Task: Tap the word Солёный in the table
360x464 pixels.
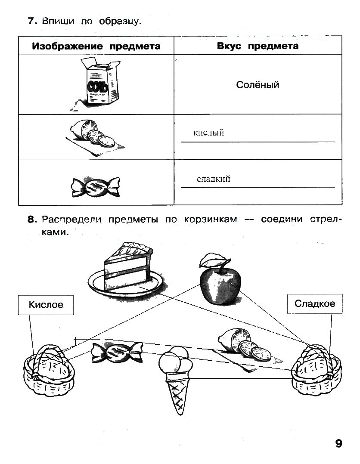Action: [258, 85]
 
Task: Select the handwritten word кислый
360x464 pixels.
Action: [209, 133]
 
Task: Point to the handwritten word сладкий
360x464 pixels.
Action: [213, 179]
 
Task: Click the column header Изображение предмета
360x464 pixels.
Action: [96, 46]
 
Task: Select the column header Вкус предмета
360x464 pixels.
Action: [258, 46]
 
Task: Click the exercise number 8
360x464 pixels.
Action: [31, 220]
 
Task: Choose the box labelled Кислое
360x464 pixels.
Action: [46, 305]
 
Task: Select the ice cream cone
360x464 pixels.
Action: [174, 379]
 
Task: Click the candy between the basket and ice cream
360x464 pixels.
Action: [116, 352]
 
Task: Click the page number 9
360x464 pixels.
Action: [338, 443]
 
